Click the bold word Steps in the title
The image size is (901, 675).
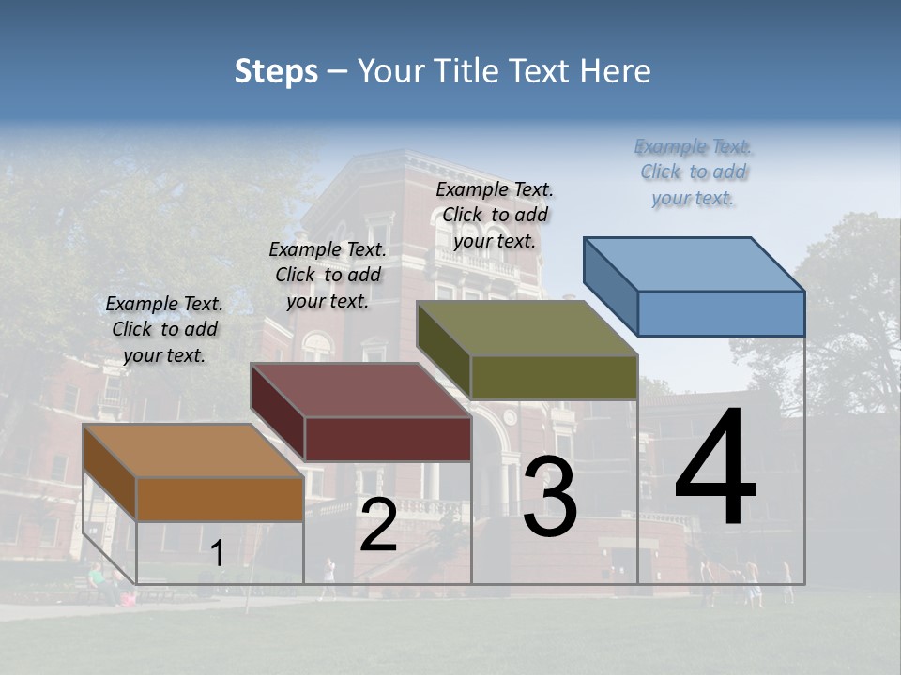pos(276,71)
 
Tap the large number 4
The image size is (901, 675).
pos(715,469)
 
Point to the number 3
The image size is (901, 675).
pos(550,497)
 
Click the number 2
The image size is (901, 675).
pos(378,526)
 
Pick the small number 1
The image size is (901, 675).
pos(218,554)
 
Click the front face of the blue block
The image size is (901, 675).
pos(721,313)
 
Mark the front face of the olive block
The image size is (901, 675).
pos(554,377)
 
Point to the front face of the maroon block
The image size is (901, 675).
pos(388,439)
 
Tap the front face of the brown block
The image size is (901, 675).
pos(221,499)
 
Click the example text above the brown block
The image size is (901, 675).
pos(164,329)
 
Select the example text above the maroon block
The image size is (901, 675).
pos(328,275)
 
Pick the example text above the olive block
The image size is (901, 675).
pos(495,215)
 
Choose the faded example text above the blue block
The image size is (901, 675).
pos(694,172)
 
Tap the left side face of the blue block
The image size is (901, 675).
pos(611,286)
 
